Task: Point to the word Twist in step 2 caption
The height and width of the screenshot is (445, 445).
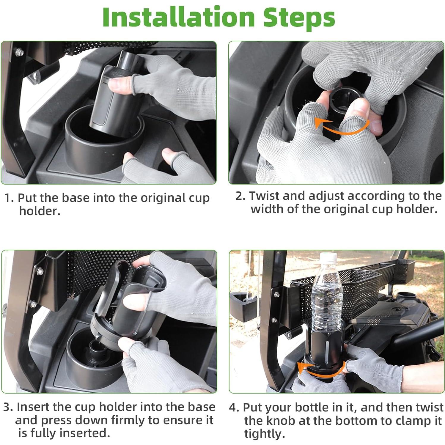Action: point(264,196)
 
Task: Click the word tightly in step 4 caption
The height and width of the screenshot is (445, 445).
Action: point(264,434)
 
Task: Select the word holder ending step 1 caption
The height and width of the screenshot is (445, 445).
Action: point(39,211)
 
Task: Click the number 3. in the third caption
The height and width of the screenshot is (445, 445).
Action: point(8,407)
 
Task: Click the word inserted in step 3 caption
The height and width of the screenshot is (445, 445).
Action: point(85,433)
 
